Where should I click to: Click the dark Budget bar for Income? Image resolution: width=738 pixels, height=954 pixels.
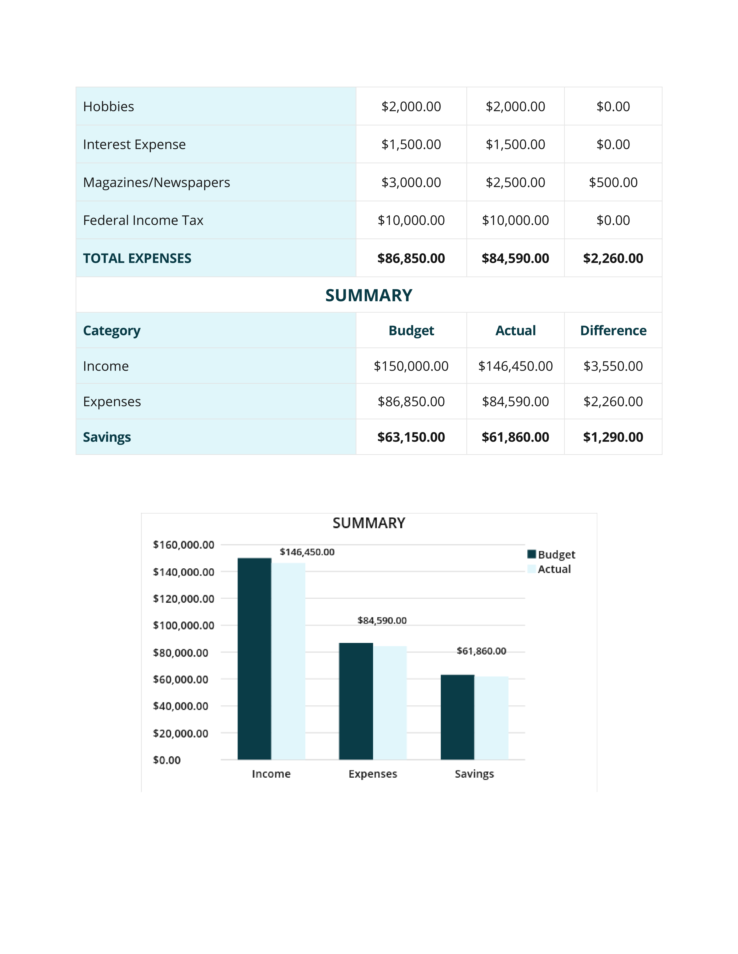click(x=254, y=659)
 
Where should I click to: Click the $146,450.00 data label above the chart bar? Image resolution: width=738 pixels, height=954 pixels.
click(x=307, y=552)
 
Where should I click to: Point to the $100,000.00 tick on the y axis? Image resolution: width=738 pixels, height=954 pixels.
click(x=183, y=626)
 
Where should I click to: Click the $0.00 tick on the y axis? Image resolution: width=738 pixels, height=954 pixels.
click(x=167, y=760)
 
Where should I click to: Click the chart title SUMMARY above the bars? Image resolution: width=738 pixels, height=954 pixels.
click(x=369, y=523)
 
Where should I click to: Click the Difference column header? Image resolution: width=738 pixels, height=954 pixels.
click(x=613, y=331)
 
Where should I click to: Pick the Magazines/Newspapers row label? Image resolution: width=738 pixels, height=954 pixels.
click(x=157, y=183)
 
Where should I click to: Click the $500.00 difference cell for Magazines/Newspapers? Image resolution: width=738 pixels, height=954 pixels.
click(x=613, y=183)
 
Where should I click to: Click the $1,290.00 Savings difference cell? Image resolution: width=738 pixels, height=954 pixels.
click(x=613, y=437)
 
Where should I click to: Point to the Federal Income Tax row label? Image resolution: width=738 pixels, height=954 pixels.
click(x=143, y=221)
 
